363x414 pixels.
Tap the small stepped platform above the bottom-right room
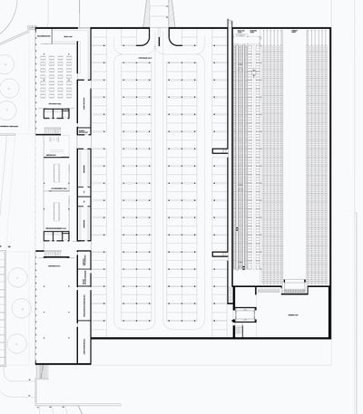pos(295,286)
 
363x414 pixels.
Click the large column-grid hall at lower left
pos(54,308)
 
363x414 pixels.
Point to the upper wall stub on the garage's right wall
pos(219,150)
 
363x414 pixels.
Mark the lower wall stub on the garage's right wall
pos(219,255)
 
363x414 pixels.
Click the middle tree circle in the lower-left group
pos(15,313)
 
